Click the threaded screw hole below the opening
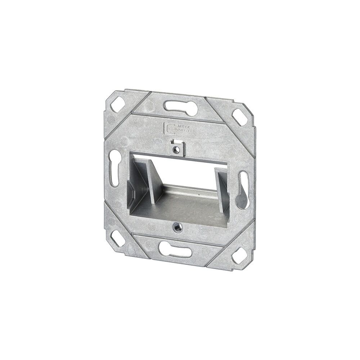point(178,226)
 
